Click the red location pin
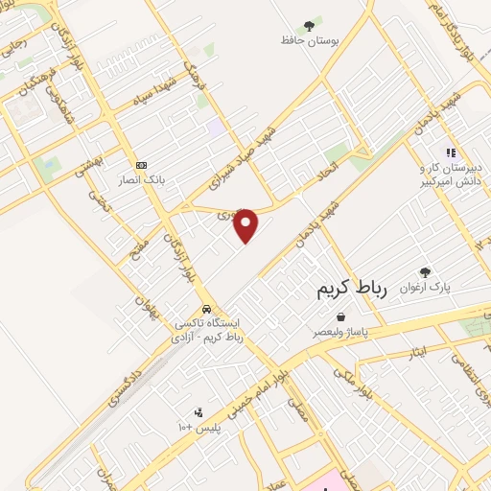[x=246, y=224]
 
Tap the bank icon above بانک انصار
[x=141, y=164]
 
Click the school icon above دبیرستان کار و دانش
[x=449, y=152]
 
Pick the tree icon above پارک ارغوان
[x=426, y=272]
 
